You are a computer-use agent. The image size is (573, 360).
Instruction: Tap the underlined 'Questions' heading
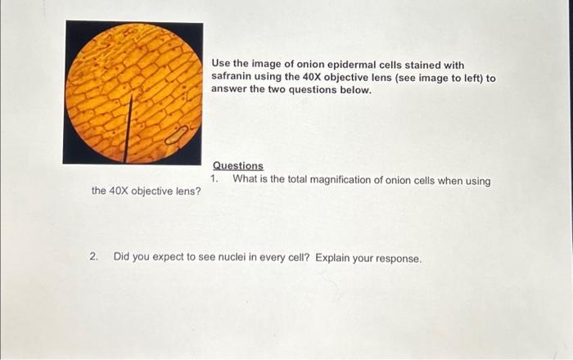[238, 166]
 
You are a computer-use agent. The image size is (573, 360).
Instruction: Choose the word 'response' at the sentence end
[397, 259]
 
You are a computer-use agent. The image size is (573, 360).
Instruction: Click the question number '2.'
[95, 257]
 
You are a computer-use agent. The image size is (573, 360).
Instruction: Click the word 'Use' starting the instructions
[221, 65]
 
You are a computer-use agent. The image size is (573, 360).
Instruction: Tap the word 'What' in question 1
[246, 180]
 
